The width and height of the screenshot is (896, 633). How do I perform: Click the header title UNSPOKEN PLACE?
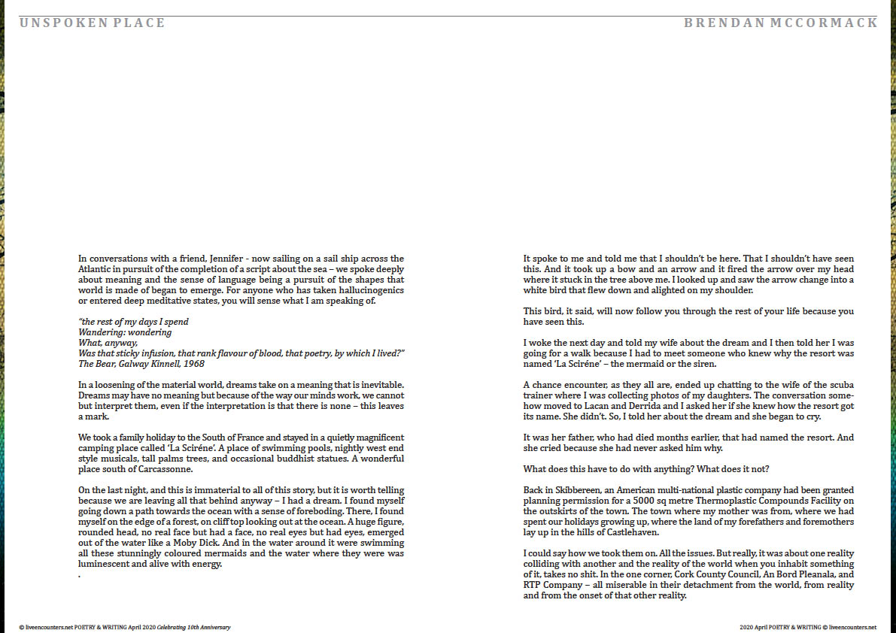click(x=92, y=23)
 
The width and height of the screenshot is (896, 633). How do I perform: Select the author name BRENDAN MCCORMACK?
click(x=780, y=23)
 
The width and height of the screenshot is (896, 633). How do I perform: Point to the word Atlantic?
click(x=95, y=269)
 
